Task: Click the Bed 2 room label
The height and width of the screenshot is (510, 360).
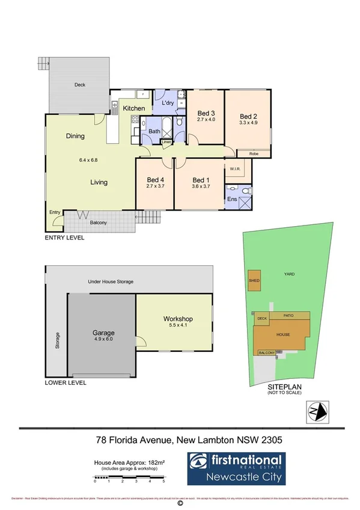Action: (x=248, y=117)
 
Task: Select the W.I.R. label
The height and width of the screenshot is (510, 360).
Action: (x=235, y=169)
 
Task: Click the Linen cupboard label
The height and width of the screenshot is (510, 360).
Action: (x=166, y=143)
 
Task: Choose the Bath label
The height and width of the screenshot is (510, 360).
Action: (x=154, y=131)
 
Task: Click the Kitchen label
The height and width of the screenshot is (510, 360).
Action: (x=134, y=108)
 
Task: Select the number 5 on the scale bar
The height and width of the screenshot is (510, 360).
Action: (x=163, y=482)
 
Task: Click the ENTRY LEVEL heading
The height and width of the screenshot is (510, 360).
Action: (x=65, y=238)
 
